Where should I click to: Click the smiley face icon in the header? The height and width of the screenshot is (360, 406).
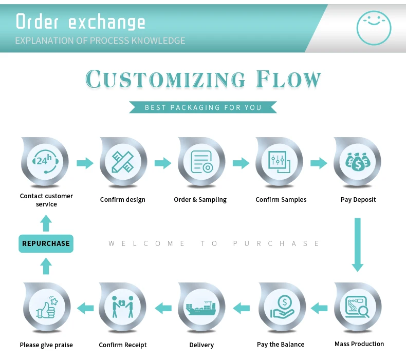[x=374, y=27]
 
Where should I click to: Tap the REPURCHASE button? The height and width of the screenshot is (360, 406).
[x=46, y=243]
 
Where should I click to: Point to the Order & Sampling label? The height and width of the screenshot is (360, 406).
[x=200, y=200]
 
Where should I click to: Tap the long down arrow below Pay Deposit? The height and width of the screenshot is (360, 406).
[x=358, y=244]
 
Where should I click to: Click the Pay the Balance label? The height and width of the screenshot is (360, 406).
[x=281, y=345]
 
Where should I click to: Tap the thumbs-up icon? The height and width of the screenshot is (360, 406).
[x=46, y=308]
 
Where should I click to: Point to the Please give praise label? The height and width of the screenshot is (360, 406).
[x=46, y=345]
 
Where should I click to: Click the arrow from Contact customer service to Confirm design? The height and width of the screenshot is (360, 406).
[x=85, y=163]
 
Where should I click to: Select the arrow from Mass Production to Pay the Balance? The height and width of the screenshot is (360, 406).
[x=319, y=308]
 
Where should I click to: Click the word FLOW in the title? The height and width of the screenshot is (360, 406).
[x=288, y=80]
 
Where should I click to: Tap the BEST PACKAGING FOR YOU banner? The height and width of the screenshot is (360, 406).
[x=203, y=107]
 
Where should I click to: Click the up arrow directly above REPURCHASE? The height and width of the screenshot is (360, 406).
[x=46, y=223]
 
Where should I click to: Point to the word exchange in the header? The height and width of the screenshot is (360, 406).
[x=106, y=22]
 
